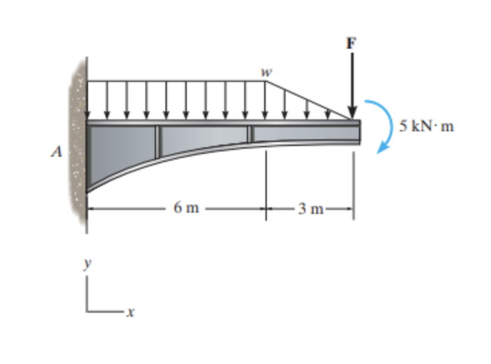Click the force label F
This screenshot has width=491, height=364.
[x=352, y=43]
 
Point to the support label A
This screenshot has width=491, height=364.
[x=57, y=152]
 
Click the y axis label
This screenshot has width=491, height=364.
[x=86, y=265]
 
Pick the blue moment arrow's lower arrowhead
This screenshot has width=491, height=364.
[x=381, y=149]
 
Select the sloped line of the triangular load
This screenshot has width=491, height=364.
[x=308, y=101]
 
